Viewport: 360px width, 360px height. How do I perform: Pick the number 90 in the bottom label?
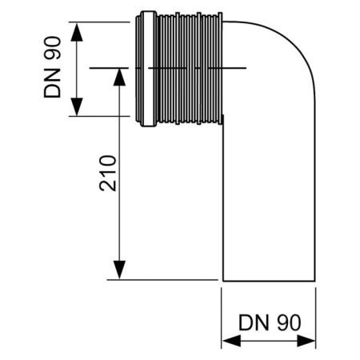pos(286,323)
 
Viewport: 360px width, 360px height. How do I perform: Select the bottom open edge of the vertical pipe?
pos(268,279)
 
